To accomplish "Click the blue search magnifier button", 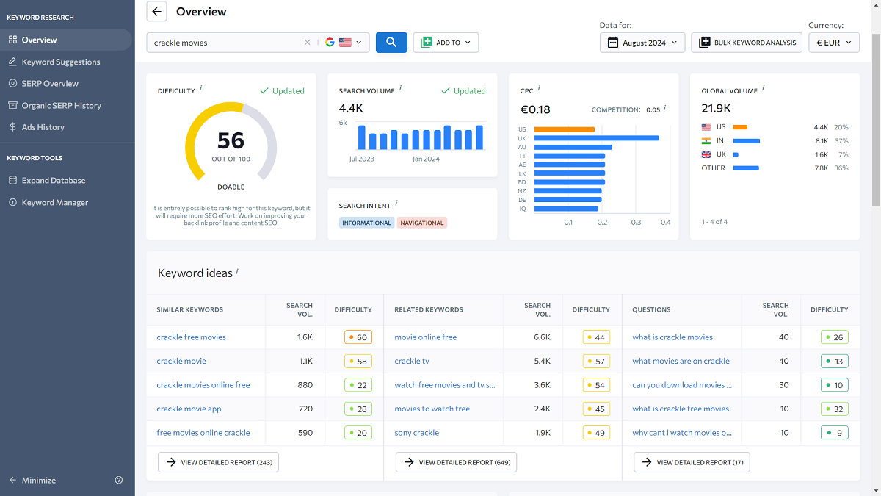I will [x=391, y=43].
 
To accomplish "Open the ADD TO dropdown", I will [x=446, y=43].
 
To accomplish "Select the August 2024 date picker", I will [x=642, y=43].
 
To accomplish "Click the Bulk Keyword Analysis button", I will [x=747, y=43].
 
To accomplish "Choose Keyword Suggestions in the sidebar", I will [x=61, y=62].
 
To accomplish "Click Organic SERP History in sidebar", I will [x=61, y=105].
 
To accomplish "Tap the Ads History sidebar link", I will [x=43, y=127].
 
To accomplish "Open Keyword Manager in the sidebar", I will [x=54, y=202].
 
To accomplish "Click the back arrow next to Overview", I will [x=157, y=11].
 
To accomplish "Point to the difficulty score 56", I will [x=231, y=140].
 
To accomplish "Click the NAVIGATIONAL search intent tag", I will [x=421, y=223].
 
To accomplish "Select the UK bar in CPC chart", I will [x=596, y=138].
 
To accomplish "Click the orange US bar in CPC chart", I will [x=564, y=129].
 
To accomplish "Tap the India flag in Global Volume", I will [x=706, y=140].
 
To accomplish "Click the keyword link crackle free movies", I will [x=191, y=337].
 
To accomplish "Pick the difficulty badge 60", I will [x=358, y=337].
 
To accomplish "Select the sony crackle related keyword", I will [x=416, y=433].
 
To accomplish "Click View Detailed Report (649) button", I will [x=456, y=462].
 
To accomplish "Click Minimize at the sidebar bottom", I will [x=38, y=480].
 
